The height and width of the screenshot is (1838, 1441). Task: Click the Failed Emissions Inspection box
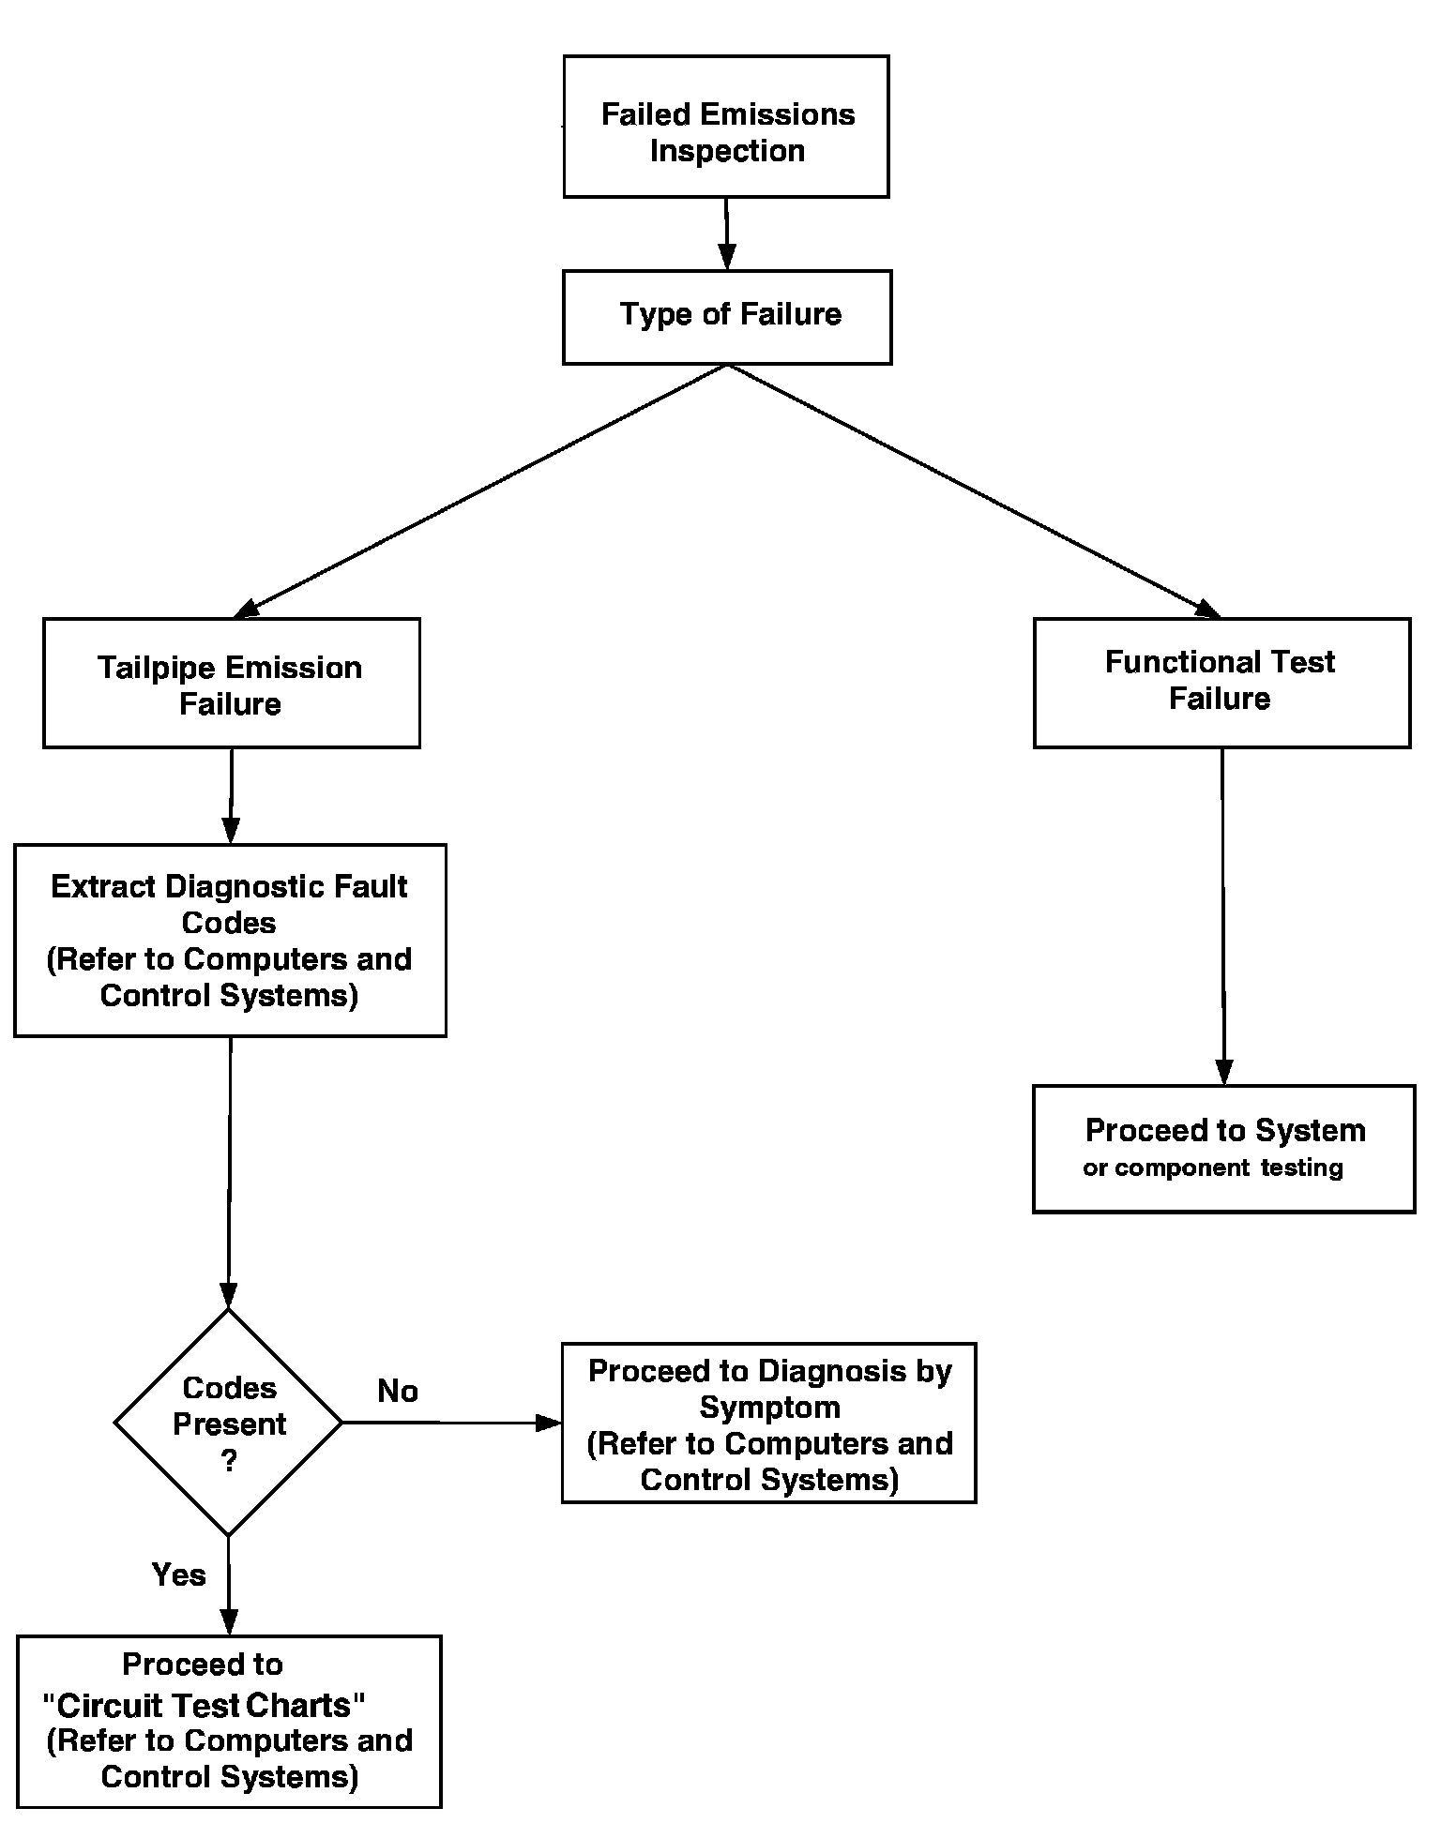click(x=726, y=127)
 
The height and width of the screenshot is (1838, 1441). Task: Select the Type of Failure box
click(x=727, y=317)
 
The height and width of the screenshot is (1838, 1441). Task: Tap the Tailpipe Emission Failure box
click(x=232, y=683)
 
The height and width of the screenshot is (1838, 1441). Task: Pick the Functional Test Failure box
click(x=1221, y=683)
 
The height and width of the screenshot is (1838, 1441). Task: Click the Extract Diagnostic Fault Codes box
click(x=230, y=941)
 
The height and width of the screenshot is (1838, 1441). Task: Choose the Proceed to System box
click(x=1224, y=1149)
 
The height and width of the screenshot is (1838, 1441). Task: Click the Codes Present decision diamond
click(x=229, y=1423)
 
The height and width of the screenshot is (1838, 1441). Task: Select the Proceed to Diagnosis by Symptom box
click(x=769, y=1423)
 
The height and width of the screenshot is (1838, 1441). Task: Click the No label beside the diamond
click(x=398, y=1391)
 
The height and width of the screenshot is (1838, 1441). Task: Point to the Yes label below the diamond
click(x=179, y=1574)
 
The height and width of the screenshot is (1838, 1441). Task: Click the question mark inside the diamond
click(x=230, y=1461)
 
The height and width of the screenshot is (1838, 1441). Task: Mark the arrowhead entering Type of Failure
click(x=727, y=257)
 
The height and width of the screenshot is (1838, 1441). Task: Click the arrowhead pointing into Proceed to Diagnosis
click(x=549, y=1423)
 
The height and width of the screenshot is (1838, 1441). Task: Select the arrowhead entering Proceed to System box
click(x=1223, y=1073)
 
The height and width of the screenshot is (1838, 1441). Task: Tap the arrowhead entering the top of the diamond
click(x=229, y=1296)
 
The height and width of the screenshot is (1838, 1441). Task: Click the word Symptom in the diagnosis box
click(x=769, y=1409)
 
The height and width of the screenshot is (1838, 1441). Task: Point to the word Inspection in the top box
click(x=727, y=151)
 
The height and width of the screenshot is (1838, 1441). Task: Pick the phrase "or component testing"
click(x=1213, y=1168)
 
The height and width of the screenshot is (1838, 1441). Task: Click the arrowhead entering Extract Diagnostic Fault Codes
click(x=231, y=831)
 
